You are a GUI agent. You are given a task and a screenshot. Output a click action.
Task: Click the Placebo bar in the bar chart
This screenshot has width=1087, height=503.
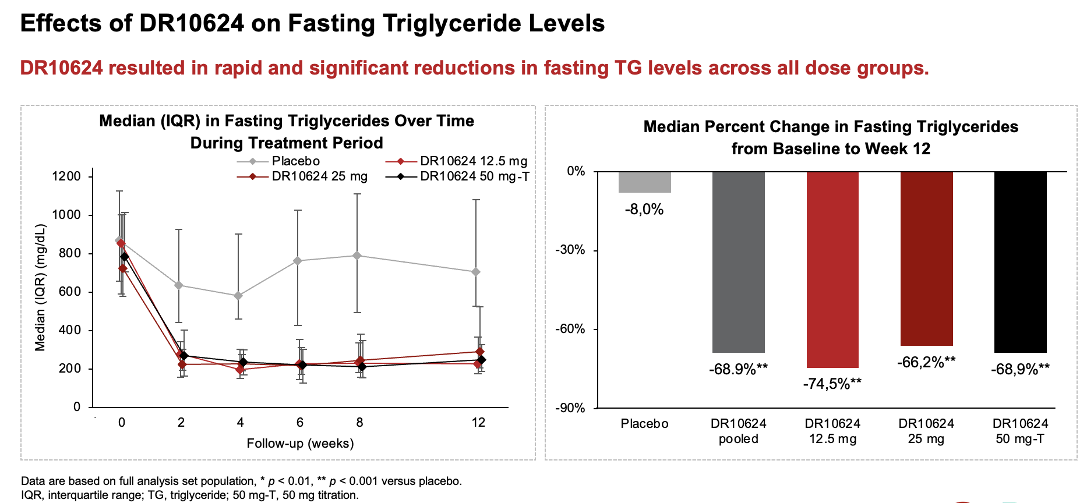click(644, 182)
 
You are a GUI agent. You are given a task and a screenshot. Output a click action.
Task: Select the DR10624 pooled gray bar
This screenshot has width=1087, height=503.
click(738, 262)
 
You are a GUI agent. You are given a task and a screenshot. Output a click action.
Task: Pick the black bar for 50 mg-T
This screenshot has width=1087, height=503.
click(1020, 262)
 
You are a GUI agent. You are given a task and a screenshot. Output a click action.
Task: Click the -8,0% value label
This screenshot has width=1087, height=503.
click(644, 210)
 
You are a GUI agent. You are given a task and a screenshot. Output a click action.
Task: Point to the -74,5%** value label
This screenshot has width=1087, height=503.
click(832, 384)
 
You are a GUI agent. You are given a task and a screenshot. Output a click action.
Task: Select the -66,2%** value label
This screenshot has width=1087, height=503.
click(926, 363)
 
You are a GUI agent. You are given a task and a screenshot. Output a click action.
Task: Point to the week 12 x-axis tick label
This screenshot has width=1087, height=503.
click(478, 423)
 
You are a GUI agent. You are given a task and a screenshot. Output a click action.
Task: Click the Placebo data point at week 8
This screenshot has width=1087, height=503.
click(358, 256)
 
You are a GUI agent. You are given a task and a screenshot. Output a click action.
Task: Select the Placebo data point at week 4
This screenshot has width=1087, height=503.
click(238, 296)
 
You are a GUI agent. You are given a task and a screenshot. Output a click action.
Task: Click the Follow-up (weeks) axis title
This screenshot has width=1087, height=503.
click(300, 444)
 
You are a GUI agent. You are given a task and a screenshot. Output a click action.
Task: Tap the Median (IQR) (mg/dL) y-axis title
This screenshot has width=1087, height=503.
click(40, 288)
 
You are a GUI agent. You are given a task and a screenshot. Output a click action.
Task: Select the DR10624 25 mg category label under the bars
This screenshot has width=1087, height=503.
click(926, 431)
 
